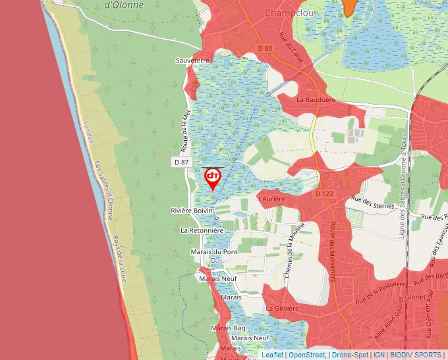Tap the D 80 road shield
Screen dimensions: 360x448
point(265,48)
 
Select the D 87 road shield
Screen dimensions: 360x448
point(182,162)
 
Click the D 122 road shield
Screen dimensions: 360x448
point(324,194)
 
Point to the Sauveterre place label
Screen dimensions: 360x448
point(192,61)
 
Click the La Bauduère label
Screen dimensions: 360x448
point(316,99)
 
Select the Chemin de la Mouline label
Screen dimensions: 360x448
point(291,253)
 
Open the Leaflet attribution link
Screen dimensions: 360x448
point(273,355)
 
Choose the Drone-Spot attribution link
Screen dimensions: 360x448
point(350,355)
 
